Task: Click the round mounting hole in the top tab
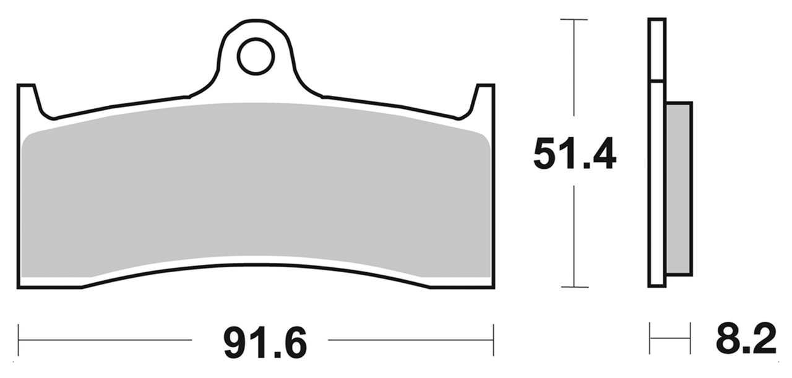256,56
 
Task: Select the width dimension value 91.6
265,345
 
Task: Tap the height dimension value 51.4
574,155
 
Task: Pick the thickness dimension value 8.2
746,340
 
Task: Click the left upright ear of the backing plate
27,99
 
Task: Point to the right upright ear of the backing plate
485,99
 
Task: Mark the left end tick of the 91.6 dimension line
19,340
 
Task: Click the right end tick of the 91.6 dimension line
493,340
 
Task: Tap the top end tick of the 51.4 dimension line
574,20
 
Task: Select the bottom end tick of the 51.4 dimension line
574,287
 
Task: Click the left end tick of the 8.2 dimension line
650,338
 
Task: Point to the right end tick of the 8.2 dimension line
690,338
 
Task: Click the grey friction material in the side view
678,189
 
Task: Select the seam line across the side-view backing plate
656,81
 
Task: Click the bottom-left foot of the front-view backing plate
49,283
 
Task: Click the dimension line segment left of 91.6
105,340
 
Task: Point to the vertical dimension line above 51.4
574,68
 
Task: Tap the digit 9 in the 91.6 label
235,345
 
